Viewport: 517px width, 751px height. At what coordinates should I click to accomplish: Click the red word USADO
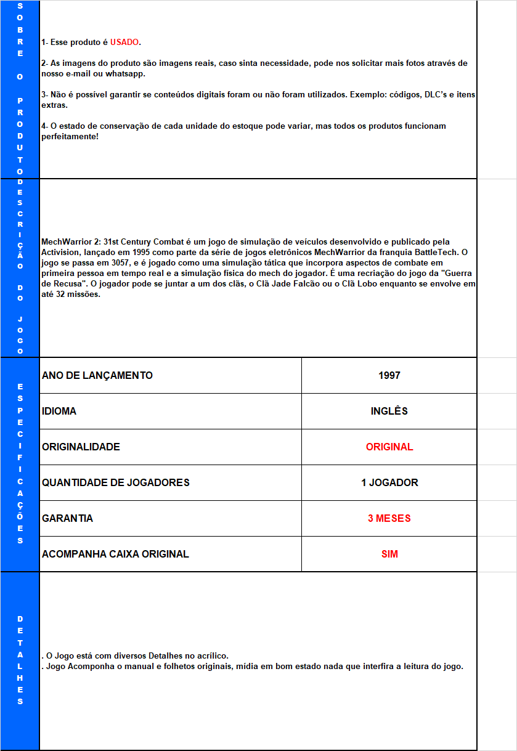coord(124,43)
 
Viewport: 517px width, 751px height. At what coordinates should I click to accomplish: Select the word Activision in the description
coord(60,253)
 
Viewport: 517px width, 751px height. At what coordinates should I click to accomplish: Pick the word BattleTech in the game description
coord(435,253)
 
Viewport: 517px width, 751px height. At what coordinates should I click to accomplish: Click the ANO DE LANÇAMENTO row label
coord(97,376)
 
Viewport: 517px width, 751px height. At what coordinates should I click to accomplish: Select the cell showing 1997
coord(389,376)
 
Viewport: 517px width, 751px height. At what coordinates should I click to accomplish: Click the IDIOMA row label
coord(59,412)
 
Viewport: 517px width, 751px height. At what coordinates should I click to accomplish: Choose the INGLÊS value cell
coord(389,412)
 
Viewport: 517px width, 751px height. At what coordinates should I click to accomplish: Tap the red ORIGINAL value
coord(389,447)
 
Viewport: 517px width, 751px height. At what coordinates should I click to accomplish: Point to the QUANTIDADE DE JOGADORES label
coord(116,483)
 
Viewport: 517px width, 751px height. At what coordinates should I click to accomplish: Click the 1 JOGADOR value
coord(389,483)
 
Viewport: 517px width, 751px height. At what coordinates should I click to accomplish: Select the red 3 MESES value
coord(389,519)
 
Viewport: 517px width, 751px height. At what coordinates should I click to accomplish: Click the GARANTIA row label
coord(68,519)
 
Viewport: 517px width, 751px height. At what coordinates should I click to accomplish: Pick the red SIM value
coord(389,554)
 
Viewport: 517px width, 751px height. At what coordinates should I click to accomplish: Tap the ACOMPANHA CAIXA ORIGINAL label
coord(116,554)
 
